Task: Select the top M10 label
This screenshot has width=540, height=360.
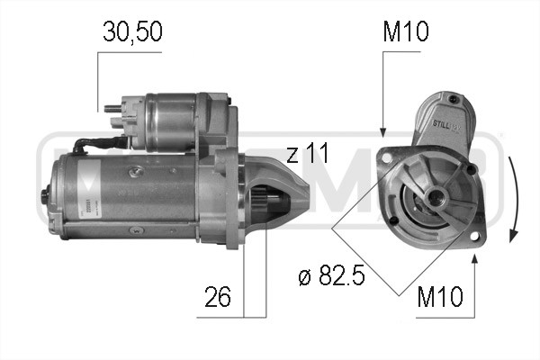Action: click(x=406, y=34)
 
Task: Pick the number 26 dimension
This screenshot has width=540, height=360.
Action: click(x=217, y=296)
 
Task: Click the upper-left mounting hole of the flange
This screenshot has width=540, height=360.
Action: click(x=388, y=158)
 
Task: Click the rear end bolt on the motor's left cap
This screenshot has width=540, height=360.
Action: click(x=47, y=191)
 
